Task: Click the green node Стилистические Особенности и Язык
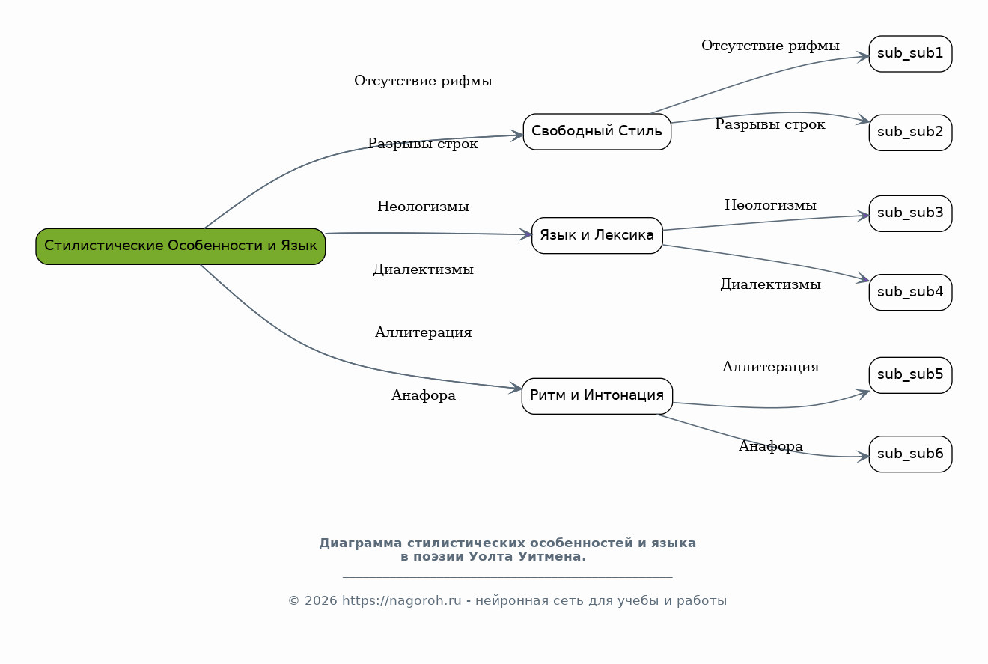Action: point(180,246)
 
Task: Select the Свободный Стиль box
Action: point(597,132)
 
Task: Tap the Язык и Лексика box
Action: point(597,235)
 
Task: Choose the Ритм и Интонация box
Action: point(597,396)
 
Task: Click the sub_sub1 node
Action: point(910,54)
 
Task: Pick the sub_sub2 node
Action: point(910,133)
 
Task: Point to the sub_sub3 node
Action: point(910,213)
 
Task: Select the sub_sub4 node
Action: point(910,292)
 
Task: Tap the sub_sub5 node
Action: point(910,375)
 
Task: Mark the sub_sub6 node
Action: point(910,454)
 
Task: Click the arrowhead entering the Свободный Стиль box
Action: point(517,135)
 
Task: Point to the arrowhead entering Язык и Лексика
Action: point(525,234)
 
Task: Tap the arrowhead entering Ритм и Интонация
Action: point(516,388)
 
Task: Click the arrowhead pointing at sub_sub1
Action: point(863,56)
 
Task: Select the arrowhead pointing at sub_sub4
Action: point(863,278)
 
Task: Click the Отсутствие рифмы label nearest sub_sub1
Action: point(770,46)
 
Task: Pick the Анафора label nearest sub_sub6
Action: point(770,446)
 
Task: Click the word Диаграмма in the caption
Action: point(361,543)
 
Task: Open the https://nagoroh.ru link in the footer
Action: point(401,600)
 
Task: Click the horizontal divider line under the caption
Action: point(507,577)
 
